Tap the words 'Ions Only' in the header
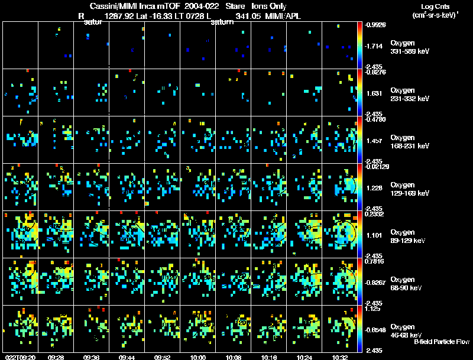point(269,6)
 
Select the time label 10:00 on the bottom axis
point(198,357)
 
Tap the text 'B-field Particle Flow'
point(441,342)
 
